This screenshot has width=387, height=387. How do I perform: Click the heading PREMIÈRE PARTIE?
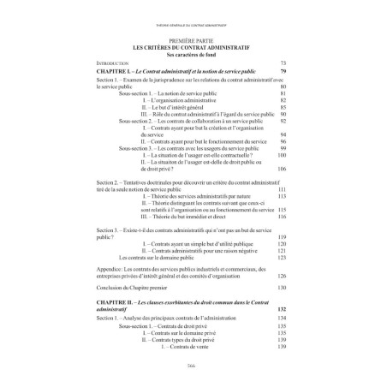(x=193, y=37)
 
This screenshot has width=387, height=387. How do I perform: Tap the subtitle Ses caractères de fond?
(x=193, y=54)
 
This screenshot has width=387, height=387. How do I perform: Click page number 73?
(x=282, y=63)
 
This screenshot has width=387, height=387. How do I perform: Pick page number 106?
(x=280, y=170)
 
